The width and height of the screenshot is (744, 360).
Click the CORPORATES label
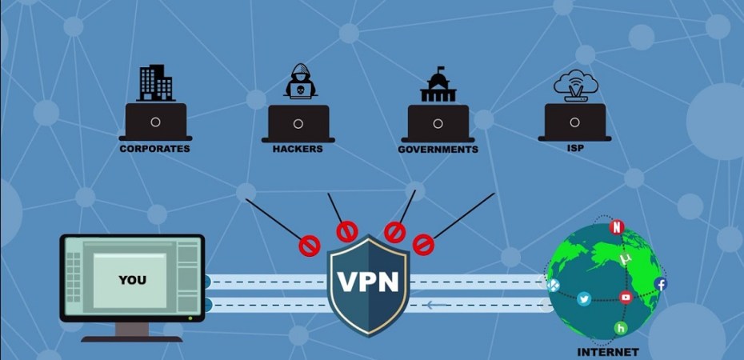(x=154, y=148)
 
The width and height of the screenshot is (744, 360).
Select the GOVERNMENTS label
(x=438, y=149)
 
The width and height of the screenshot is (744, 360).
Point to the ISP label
(x=574, y=148)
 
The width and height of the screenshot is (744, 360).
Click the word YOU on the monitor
(x=132, y=280)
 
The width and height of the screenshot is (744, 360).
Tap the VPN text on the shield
(x=369, y=282)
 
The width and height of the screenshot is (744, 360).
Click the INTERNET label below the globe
(x=608, y=352)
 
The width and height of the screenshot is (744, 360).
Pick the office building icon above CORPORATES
(x=155, y=82)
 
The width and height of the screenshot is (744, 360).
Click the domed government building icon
(x=438, y=84)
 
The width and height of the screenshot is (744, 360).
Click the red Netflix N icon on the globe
(x=616, y=227)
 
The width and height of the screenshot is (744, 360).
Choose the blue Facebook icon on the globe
(x=661, y=284)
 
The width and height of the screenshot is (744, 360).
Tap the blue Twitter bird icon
(x=585, y=298)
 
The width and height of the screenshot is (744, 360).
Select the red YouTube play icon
(x=626, y=298)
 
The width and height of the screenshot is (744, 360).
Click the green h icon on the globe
(x=620, y=328)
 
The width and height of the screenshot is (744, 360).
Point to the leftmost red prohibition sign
(x=310, y=246)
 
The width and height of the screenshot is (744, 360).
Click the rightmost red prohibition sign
(x=422, y=243)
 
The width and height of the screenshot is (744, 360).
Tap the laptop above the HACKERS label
(x=298, y=123)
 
